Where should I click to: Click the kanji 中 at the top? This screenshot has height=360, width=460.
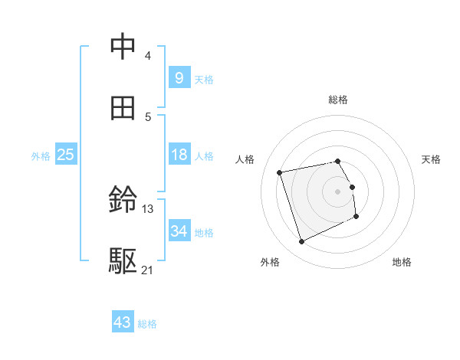123,47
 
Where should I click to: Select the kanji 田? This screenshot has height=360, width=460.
123,108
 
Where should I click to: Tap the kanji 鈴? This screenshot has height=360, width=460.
123,201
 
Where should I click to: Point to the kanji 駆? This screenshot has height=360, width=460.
123,261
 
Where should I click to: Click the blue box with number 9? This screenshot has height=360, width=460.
179,77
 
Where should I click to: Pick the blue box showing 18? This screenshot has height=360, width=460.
179,155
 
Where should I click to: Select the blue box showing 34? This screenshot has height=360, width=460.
179,231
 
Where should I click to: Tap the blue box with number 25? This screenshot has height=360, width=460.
66,155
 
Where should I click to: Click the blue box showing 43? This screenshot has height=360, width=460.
123,322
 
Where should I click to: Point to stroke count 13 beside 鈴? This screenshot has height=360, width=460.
148,208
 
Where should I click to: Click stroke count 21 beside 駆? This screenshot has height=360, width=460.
148,270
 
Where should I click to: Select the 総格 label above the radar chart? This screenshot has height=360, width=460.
338,100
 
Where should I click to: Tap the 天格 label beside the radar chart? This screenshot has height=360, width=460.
432,159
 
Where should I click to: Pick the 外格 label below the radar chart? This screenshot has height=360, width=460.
270,263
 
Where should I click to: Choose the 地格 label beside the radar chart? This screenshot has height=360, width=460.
402,263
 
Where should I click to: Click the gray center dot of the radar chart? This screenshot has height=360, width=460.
338,191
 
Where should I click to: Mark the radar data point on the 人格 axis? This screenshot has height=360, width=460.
280,172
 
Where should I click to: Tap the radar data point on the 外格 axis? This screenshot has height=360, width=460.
301,242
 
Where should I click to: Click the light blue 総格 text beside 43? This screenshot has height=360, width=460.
147,324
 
